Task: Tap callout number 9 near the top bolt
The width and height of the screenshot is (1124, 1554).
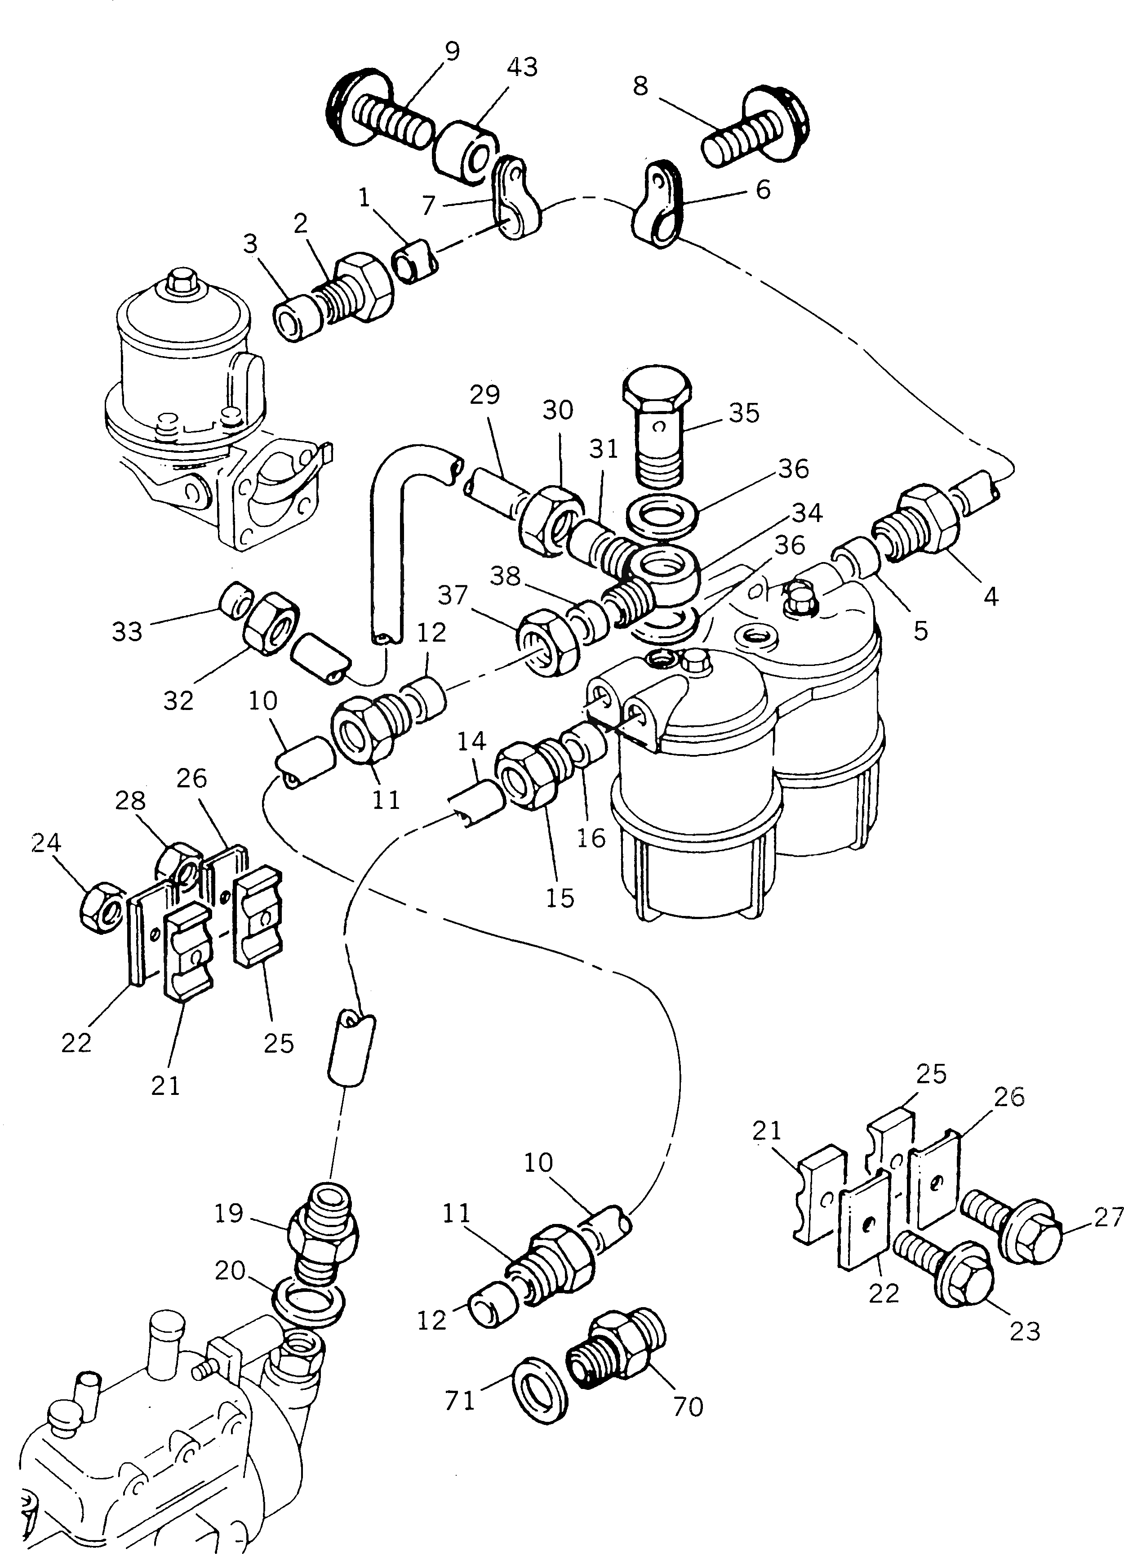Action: (x=451, y=51)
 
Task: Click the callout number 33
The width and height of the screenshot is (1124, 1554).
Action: (x=127, y=631)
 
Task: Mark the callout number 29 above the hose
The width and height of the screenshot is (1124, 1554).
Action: (x=485, y=395)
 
